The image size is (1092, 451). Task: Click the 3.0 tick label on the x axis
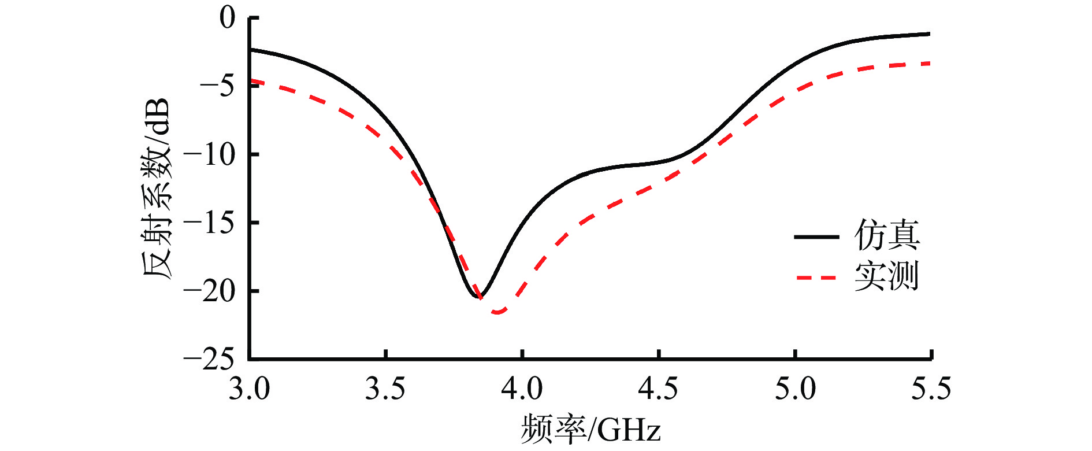[x=249, y=389]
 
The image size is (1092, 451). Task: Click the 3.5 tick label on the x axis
[x=385, y=389]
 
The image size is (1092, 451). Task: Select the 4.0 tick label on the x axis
[x=522, y=389]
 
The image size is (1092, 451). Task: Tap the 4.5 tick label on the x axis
[x=658, y=389]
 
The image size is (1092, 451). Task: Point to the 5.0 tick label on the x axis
[x=795, y=389]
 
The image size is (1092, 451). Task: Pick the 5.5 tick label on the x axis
[x=931, y=389]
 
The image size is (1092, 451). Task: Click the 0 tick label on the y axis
[x=228, y=18]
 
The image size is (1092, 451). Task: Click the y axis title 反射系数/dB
[x=157, y=188]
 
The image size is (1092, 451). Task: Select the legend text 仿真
[x=887, y=235]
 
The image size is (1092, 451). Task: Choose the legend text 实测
[x=887, y=276]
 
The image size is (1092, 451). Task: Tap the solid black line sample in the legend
[x=816, y=236]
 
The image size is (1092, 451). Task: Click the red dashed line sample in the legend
[x=816, y=278]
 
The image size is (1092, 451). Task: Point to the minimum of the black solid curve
[x=479, y=297]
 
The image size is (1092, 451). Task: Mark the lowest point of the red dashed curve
[x=498, y=312]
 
